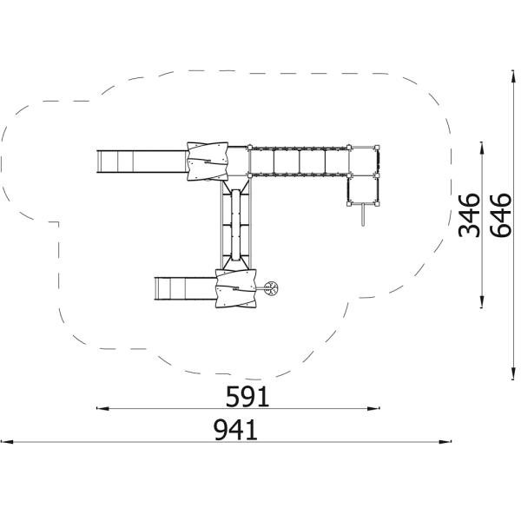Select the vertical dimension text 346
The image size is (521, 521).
pyautogui.click(x=470, y=214)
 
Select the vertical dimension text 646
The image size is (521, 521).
pyautogui.click(x=501, y=214)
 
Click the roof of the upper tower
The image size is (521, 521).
pyautogui.click(x=206, y=162)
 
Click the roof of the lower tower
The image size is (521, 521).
pyautogui.click(x=237, y=287)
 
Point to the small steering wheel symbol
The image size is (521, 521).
pyautogui.click(x=272, y=288)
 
